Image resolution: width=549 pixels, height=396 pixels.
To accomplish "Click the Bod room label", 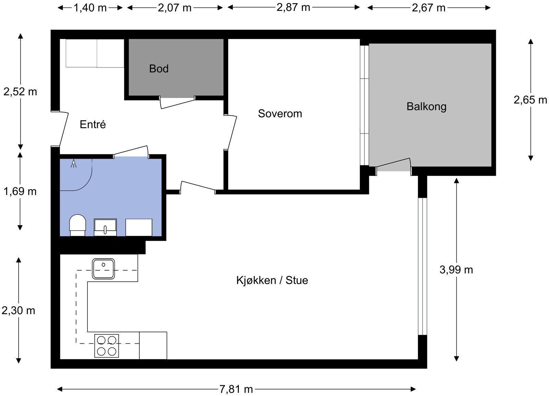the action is [159, 69].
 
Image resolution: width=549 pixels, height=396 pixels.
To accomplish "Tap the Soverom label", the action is [280, 114].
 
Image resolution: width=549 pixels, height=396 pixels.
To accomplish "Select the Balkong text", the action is [427, 107].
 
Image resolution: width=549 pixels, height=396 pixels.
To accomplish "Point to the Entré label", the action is [93, 125].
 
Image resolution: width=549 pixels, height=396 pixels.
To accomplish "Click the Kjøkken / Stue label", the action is [272, 280].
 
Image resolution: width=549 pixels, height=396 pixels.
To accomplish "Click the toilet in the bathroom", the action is [78, 225].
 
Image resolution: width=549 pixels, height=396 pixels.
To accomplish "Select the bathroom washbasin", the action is [105, 227].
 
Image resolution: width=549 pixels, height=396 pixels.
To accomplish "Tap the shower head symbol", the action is [73, 163].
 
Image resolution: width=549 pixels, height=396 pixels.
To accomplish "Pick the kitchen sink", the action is [103, 269].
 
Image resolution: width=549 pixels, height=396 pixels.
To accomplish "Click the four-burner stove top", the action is [107, 346].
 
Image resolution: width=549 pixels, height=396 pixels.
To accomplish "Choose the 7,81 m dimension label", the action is [236, 389].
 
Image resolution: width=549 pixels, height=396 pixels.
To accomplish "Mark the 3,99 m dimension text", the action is [456, 270].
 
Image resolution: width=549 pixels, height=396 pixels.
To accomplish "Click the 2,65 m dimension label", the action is [530, 100].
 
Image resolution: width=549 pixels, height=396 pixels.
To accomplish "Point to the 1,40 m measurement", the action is [90, 8].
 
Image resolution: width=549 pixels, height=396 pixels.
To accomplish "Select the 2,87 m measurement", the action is [293, 8].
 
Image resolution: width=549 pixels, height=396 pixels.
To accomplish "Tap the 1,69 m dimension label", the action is [20, 191].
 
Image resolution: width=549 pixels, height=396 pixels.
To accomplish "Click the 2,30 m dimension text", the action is [19, 311].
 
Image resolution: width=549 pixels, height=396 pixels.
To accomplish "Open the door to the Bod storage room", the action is [177, 103].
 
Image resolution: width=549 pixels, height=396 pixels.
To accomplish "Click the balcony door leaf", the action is [393, 162].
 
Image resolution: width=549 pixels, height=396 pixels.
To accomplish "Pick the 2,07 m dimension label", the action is [175, 8].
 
